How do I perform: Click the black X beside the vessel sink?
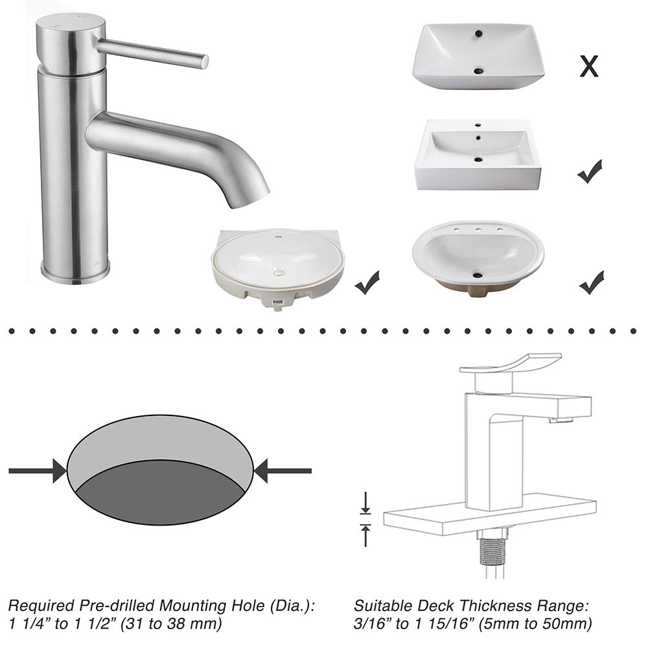(588, 66)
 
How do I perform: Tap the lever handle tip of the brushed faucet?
(203, 61)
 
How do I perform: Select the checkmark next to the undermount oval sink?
(367, 283)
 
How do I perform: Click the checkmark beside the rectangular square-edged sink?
(589, 172)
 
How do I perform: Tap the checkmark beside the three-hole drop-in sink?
(591, 283)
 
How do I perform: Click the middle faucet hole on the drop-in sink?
(478, 228)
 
